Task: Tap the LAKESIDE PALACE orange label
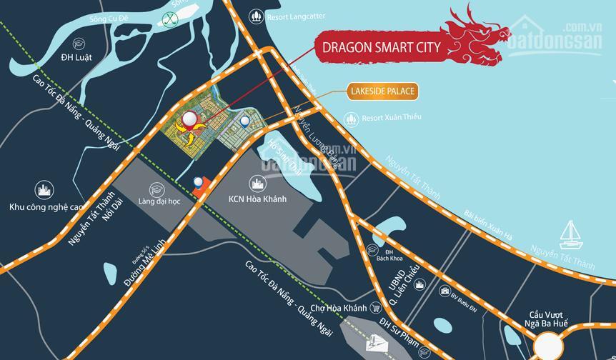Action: click(x=382, y=91)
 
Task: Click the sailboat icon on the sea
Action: click(x=570, y=231)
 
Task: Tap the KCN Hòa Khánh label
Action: click(x=257, y=199)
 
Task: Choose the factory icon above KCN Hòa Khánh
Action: click(x=257, y=182)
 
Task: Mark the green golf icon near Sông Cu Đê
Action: click(x=170, y=20)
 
